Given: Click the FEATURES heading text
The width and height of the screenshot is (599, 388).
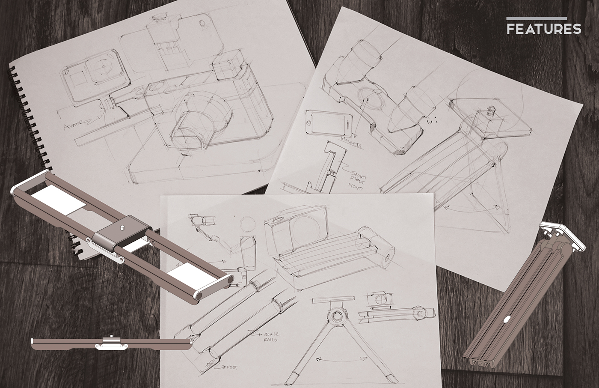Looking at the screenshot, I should tap(544, 29).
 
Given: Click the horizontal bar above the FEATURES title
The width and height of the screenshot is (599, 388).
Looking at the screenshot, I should tap(537, 18).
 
